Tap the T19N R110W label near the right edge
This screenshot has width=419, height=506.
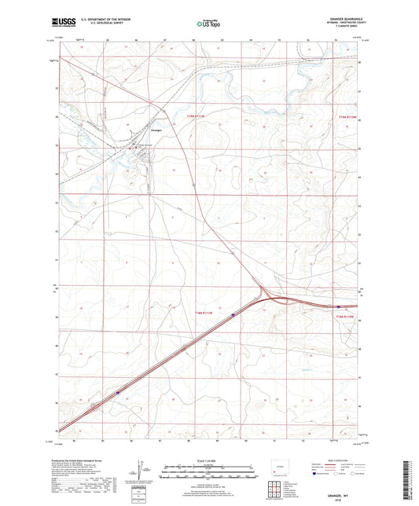[x=347, y=116]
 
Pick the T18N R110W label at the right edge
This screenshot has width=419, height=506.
[x=347, y=314]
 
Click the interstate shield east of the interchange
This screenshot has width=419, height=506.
[x=338, y=307]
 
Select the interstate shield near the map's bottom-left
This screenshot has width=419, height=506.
[x=118, y=394]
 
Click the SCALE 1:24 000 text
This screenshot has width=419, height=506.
[x=208, y=460]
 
